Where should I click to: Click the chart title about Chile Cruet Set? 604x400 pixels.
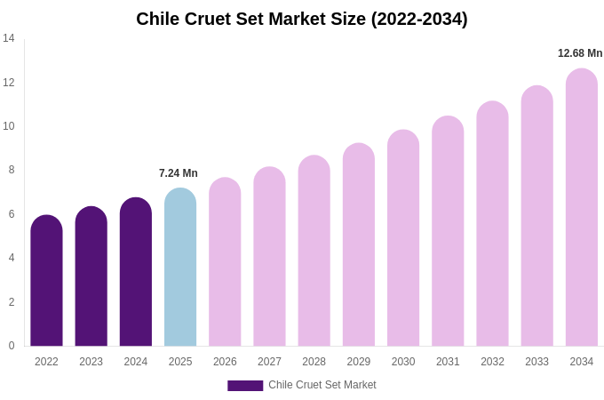point(302,19)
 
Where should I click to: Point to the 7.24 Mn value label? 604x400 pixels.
point(179,173)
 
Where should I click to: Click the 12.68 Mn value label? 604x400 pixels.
point(580,53)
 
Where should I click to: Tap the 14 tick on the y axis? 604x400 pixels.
point(9,38)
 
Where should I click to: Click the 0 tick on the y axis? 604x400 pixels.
point(11,346)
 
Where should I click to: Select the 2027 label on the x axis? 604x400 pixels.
point(269,362)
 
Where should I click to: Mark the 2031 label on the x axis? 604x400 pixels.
point(448,362)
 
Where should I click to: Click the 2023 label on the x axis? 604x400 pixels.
point(91,362)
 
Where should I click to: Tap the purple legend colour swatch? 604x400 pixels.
point(245,386)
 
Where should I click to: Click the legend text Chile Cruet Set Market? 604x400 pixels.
point(322,385)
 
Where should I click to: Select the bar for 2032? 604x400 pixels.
point(492,224)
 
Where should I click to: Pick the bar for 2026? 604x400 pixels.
point(225,262)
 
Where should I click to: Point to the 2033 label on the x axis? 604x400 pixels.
point(536,362)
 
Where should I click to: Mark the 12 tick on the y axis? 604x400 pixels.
point(9,83)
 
